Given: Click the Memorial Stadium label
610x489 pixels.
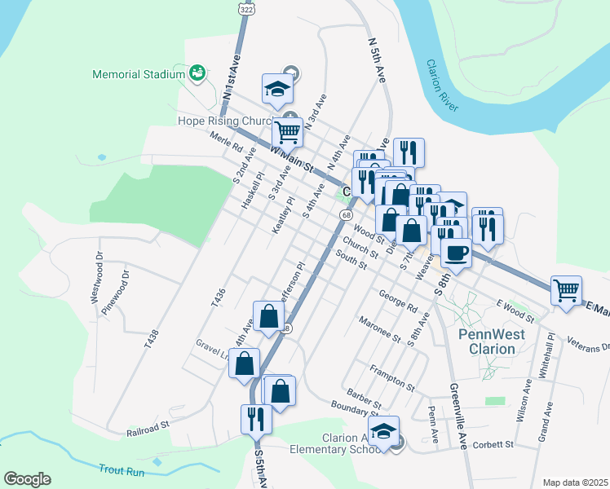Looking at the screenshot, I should click(139, 74).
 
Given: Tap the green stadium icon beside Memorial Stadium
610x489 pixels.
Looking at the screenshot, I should click(197, 74).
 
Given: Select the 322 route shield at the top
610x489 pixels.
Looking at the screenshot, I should click(245, 7).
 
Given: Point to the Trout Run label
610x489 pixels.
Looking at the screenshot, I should click(121, 469).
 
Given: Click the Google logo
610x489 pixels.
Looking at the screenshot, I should click(27, 479).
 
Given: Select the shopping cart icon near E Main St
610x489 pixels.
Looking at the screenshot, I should click(567, 290).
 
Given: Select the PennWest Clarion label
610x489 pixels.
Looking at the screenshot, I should click(487, 341).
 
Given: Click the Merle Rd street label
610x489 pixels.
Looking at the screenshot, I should click(226, 143).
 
